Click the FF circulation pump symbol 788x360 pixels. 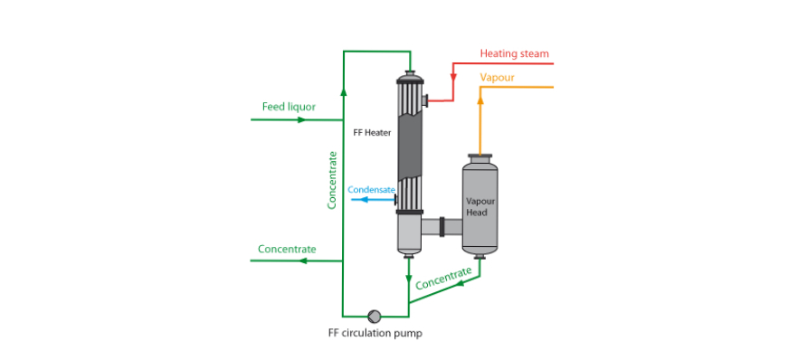pyautogui.click(x=375, y=316)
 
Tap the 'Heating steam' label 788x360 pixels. pyautogui.click(x=514, y=53)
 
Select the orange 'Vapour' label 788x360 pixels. pyautogui.click(x=497, y=78)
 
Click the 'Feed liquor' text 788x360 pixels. pyautogui.click(x=289, y=107)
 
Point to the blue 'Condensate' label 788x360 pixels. pyautogui.click(x=372, y=190)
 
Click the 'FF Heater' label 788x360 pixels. pyautogui.click(x=373, y=132)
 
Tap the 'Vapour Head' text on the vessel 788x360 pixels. pyautogui.click(x=477, y=206)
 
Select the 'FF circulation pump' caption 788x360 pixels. pyautogui.click(x=375, y=333)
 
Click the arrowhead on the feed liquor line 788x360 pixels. pyautogui.click(x=301, y=119)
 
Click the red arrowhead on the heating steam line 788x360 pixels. pyautogui.click(x=453, y=79)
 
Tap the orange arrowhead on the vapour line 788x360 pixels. pyautogui.click(x=480, y=99)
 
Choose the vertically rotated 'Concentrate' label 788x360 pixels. pyautogui.click(x=332, y=180)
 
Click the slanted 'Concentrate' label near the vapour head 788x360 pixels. pyautogui.click(x=444, y=278)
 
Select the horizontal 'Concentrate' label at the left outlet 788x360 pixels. pyautogui.click(x=287, y=249)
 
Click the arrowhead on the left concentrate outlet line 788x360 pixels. pyautogui.click(x=303, y=261)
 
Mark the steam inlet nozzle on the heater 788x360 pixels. pyautogui.click(x=424, y=100)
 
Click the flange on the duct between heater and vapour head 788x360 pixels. pyautogui.click(x=442, y=226)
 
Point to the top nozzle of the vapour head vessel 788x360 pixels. pyautogui.click(x=479, y=156)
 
